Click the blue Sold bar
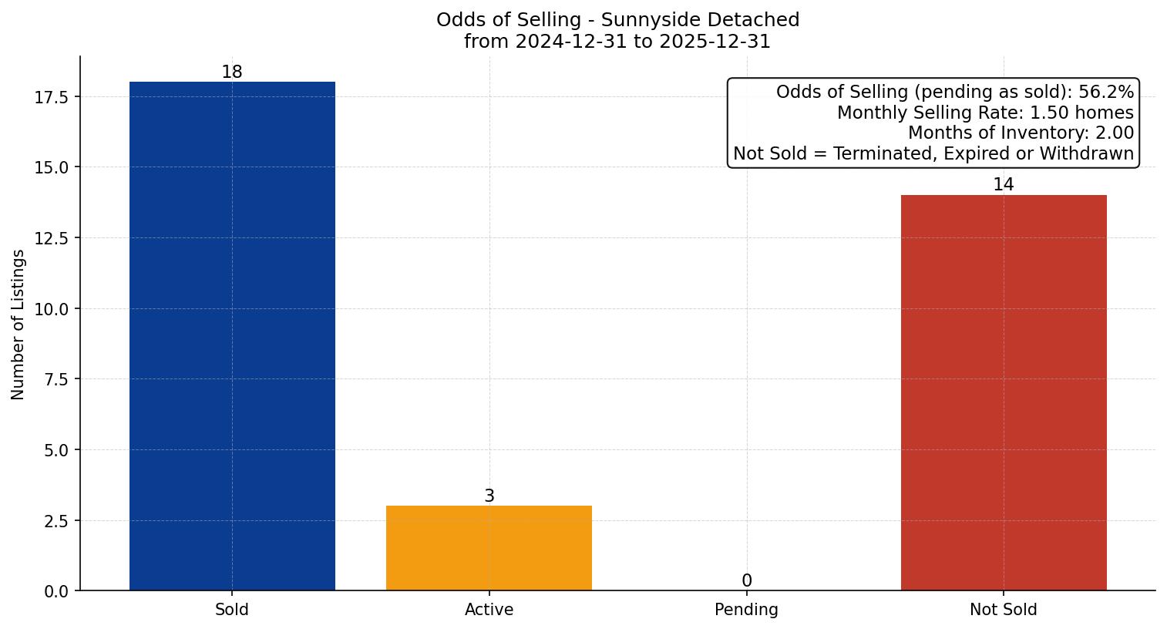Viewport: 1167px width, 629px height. pos(232,336)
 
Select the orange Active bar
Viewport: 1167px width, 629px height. pos(489,548)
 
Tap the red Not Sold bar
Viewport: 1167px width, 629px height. pos(1003,393)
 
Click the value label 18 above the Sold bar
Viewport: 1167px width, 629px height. pos(232,72)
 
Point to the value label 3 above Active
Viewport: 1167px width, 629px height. pos(489,496)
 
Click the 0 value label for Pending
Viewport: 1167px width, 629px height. pos(746,581)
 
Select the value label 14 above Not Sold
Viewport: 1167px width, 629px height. pos(1003,185)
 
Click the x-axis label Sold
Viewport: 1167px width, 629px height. pos(232,610)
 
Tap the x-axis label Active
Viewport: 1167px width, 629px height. pos(489,610)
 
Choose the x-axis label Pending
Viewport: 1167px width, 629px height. pos(746,610)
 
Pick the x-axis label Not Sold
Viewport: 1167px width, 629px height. pos(1003,610)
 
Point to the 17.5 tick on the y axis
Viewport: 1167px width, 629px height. pos(51,97)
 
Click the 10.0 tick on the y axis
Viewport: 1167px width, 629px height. pos(51,309)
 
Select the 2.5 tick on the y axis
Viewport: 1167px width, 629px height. pos(55,521)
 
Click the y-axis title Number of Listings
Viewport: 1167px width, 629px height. pos(18,325)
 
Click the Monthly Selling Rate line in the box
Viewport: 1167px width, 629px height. pos(985,113)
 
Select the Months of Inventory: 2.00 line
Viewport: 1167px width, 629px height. pos(1021,133)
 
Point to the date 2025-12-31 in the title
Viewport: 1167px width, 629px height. pos(715,42)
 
